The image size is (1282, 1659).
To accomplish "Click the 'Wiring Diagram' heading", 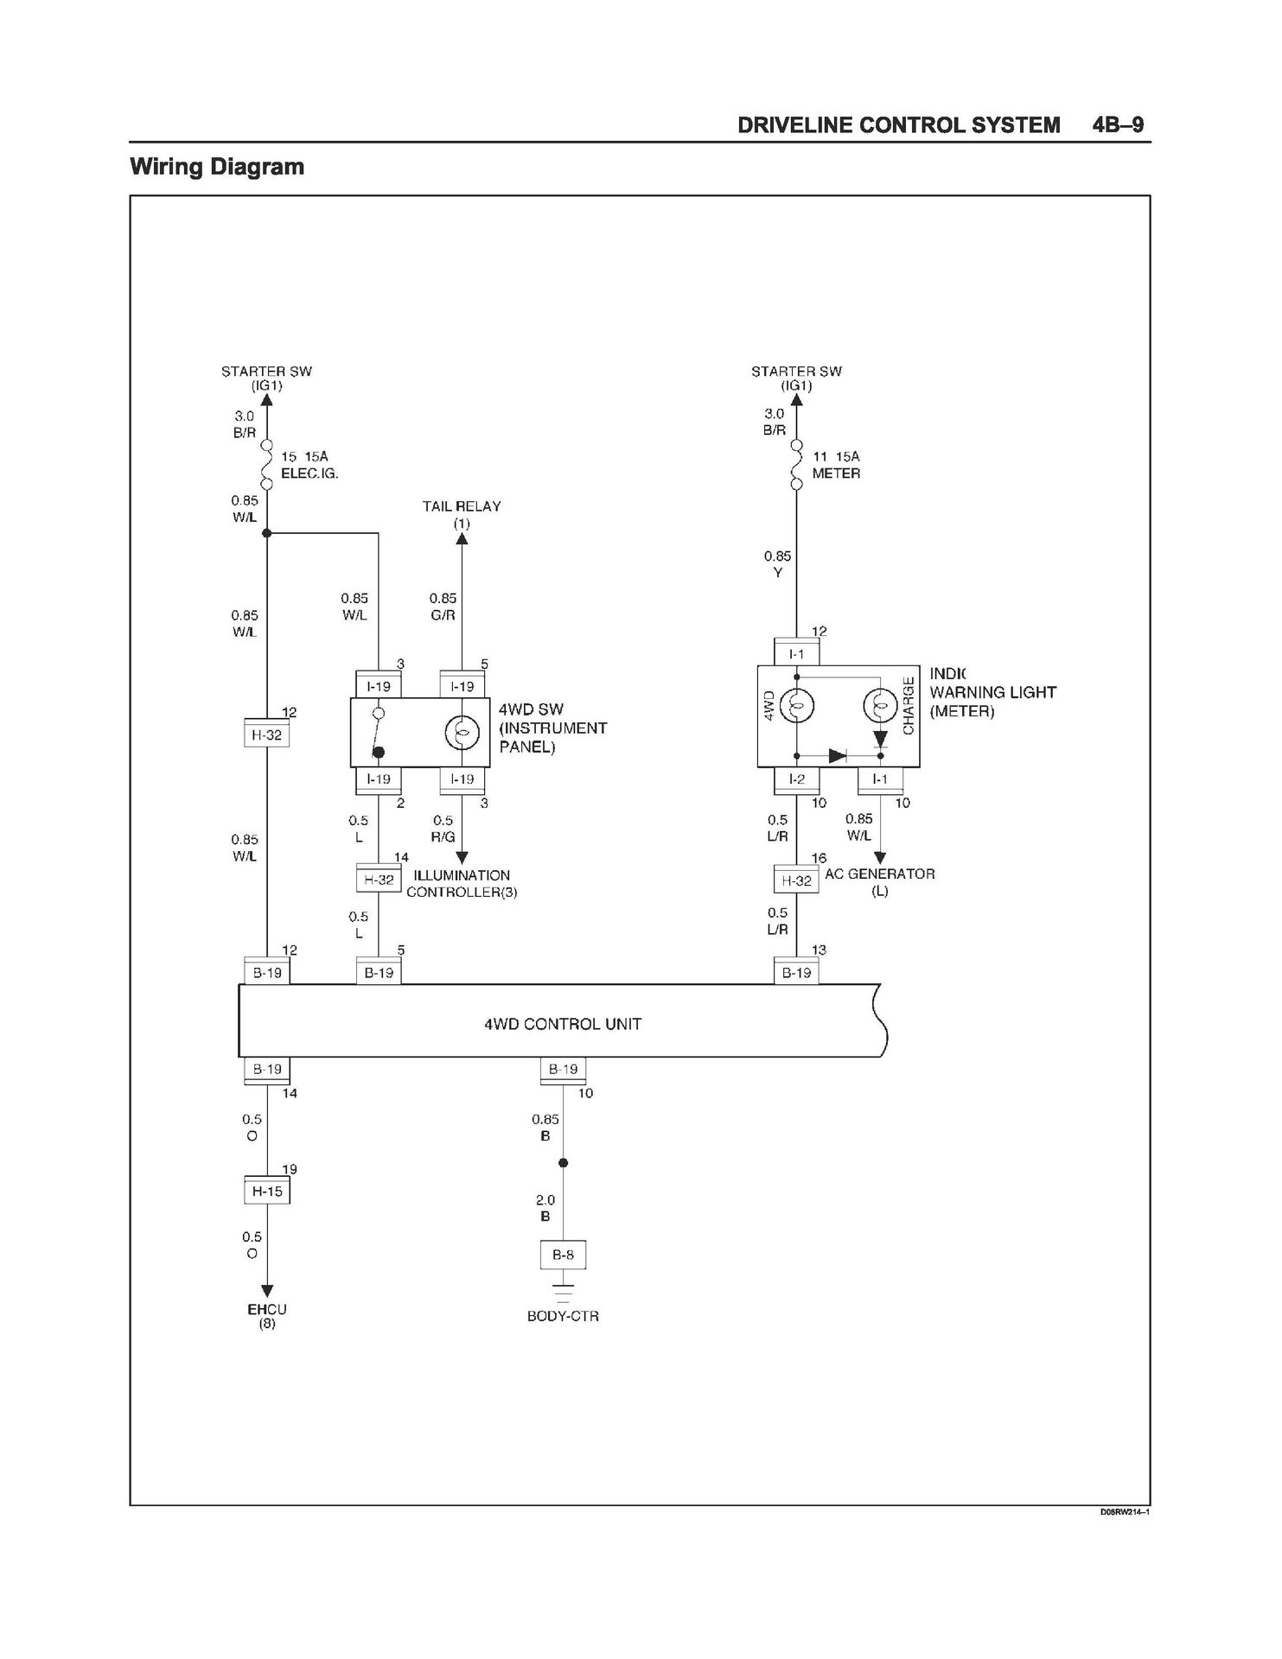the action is [217, 167].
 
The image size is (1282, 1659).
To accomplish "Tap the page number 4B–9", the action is [1118, 124].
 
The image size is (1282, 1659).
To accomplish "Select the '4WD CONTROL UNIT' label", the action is [563, 1024].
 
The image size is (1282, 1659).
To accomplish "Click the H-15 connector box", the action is [267, 1191].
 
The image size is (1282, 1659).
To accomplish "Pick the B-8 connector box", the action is [563, 1255].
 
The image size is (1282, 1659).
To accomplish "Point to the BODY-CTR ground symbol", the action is [563, 1294].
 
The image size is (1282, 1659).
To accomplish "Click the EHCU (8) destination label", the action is [267, 1316].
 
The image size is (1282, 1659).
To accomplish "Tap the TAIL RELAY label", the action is [462, 514].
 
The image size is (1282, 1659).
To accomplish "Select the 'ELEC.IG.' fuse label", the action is [309, 474].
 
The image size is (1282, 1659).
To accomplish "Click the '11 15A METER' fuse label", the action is [836, 465].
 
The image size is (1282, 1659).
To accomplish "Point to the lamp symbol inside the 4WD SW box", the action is [462, 734].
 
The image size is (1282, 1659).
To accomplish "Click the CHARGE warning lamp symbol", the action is [880, 708].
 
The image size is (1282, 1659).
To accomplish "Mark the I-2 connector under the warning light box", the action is [796, 779].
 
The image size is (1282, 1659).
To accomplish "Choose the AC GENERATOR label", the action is [880, 881].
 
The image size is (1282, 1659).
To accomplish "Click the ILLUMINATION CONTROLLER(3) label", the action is [462, 883].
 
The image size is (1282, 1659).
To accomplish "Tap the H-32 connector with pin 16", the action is [796, 880].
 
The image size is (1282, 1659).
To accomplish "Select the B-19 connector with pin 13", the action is [796, 972].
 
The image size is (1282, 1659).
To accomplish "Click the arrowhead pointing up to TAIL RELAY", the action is [462, 539].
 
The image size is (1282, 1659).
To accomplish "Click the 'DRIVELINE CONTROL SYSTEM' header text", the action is [899, 125].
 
